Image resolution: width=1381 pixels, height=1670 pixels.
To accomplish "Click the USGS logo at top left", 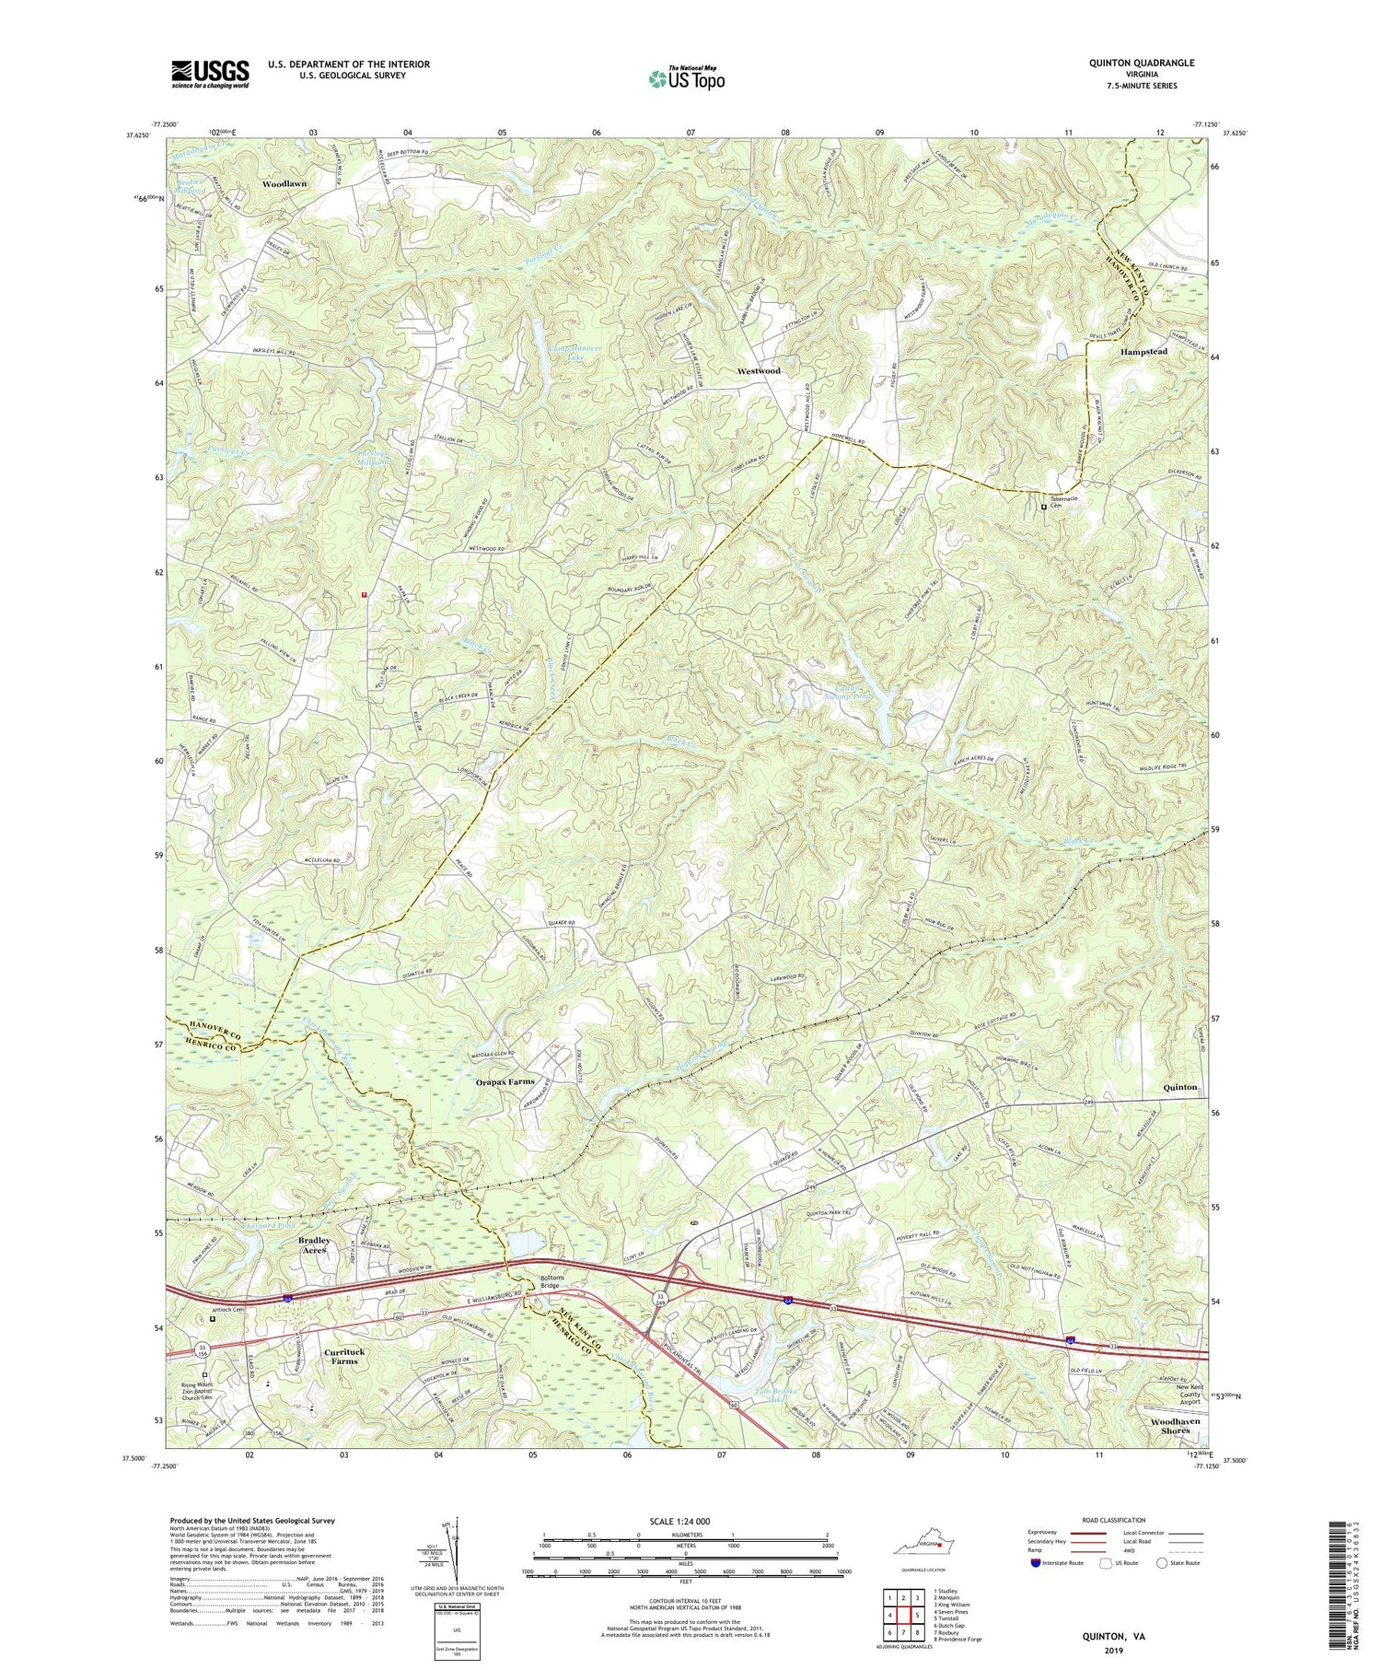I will [x=210, y=74].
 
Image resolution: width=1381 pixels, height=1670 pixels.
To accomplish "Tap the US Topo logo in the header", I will [x=686, y=79].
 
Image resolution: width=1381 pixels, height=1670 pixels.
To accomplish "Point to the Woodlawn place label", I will [x=284, y=184].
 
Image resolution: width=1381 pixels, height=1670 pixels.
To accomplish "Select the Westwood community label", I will [x=759, y=370].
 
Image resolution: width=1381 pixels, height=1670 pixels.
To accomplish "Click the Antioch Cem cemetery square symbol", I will [x=213, y=1318].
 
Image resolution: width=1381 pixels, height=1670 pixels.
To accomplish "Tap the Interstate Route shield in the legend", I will [x=1035, y=1563].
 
